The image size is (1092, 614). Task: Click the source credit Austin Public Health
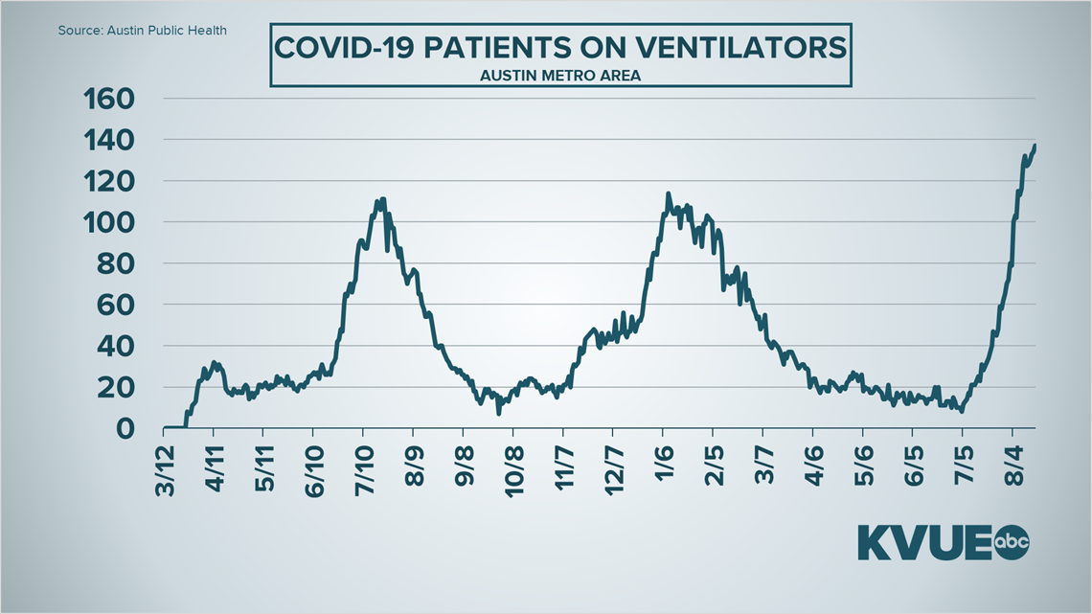[143, 31]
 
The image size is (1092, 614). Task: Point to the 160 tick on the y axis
[110, 99]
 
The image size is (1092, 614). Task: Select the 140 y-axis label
[110, 140]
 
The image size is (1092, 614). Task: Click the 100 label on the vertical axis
[110, 222]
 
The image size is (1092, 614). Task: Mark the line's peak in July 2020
[383, 199]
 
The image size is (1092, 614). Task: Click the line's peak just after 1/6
[668, 193]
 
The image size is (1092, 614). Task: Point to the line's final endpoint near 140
[1035, 146]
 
